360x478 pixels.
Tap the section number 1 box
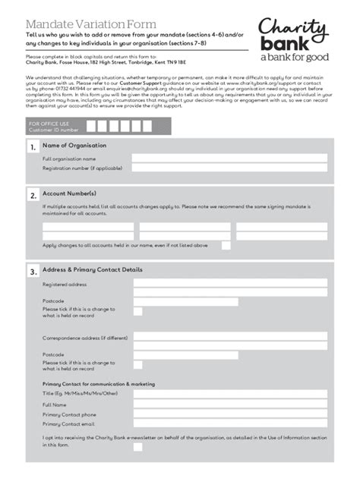[33, 148]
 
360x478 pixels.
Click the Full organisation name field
[229, 159]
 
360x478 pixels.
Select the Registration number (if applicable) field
[229, 168]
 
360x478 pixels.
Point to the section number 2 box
[33, 196]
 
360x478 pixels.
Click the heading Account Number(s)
[69, 193]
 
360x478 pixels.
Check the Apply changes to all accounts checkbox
[226, 245]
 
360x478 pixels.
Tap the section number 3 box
[33, 272]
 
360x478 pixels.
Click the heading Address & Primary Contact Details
[92, 269]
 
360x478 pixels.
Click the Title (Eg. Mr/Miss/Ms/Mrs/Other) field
[229, 393]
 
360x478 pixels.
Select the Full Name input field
[229, 404]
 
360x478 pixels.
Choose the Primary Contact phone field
[229, 414]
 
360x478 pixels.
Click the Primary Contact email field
[229, 424]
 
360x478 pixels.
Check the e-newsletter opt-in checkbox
[137, 447]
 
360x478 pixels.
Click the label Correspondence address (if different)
[84, 337]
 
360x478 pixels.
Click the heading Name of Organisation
[74, 145]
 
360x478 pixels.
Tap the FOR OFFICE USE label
[49, 123]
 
